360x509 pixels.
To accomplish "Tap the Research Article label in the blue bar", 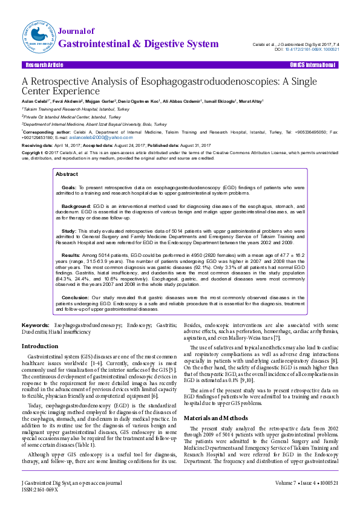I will pyautogui.click(x=43, y=65).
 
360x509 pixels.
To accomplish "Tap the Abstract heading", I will pyautogui.click(x=67, y=174).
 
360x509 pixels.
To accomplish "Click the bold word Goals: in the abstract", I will pyautogui.click(x=69, y=188).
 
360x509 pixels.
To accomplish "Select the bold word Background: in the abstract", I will pyautogui.click(x=76, y=206).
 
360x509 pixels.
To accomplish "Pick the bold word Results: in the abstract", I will pyautogui.click(x=71, y=256).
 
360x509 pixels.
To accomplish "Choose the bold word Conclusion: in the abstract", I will pyautogui.click(x=76, y=298).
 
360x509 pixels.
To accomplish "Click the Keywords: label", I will pyautogui.click(x=36, y=326).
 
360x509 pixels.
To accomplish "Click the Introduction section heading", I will pyautogui.click(x=40, y=346).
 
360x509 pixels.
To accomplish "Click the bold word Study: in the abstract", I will pyautogui.click(x=69, y=231).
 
